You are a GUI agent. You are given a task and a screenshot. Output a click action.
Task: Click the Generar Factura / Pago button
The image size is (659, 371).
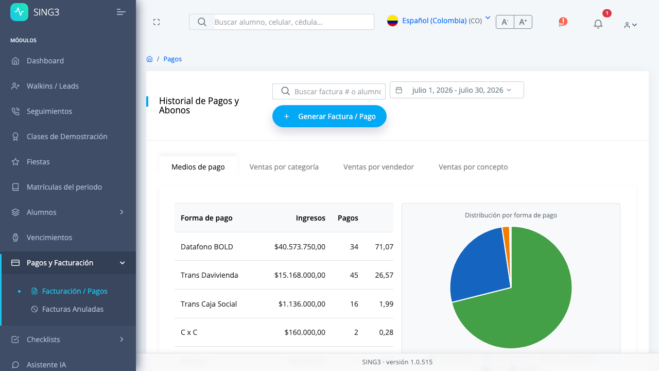coord(329,116)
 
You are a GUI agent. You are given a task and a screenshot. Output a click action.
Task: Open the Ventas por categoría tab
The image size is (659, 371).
coord(284,167)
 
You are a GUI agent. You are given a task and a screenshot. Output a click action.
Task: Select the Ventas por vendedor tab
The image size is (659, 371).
coord(378,167)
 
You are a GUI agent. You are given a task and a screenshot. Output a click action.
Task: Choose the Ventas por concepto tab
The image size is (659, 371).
coord(473,167)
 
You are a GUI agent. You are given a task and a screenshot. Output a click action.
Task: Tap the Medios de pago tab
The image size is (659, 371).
coord(198,167)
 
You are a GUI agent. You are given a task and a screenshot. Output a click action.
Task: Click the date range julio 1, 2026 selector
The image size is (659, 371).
coord(457,90)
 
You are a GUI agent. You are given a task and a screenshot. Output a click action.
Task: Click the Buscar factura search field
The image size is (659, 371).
coord(329,92)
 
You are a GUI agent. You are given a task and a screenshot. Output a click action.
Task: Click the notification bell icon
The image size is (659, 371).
coord(598,24)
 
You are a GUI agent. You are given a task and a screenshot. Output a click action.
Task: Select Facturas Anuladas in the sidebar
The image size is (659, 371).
coord(73,309)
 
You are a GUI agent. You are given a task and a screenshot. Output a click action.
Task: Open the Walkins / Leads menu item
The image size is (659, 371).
coord(53,86)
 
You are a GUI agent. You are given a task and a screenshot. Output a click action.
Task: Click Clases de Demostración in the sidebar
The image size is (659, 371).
coord(67,137)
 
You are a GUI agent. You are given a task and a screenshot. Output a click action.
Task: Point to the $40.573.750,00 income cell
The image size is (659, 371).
coord(300,247)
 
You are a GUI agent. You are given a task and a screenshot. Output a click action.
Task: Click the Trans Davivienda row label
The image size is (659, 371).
coord(209,275)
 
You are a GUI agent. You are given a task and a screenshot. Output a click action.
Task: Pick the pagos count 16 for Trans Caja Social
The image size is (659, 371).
coord(354,304)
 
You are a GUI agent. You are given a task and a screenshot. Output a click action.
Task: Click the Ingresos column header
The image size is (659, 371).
coord(310,218)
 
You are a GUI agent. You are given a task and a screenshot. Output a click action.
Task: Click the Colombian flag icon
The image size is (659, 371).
coord(392,21)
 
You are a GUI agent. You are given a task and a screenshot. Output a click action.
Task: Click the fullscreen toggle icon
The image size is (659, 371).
coord(157,22)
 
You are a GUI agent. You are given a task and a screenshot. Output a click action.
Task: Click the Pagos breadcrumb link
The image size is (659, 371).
coord(172,59)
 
